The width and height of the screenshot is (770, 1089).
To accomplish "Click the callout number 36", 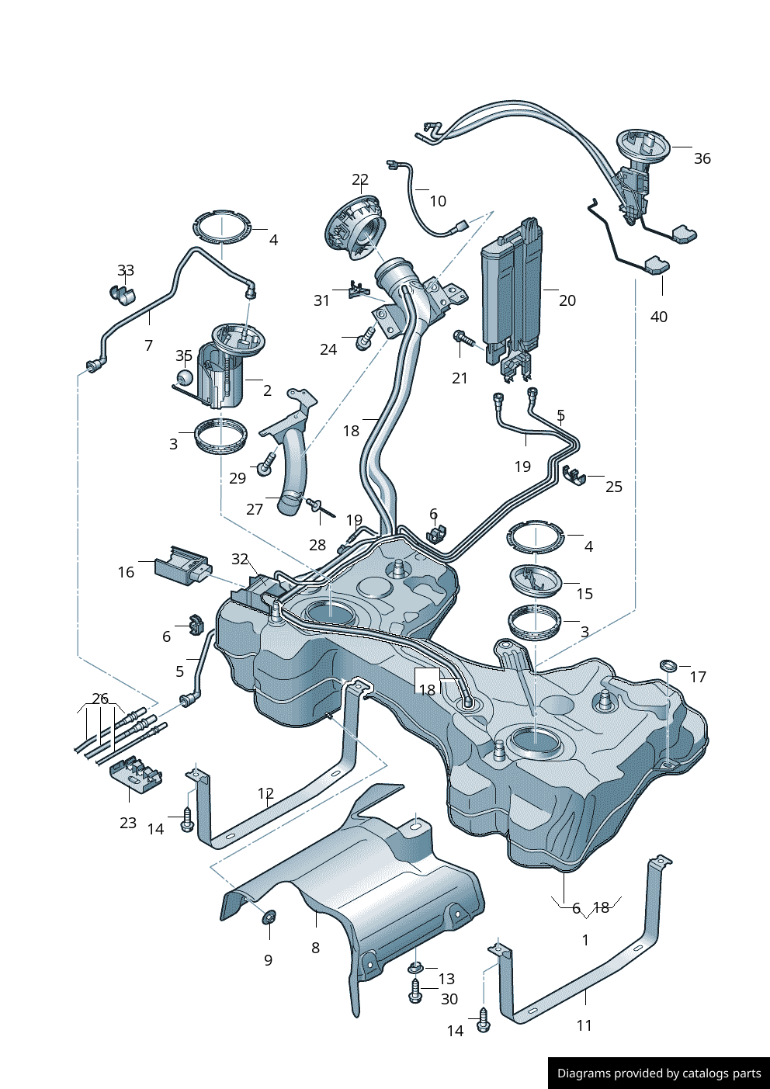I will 702,158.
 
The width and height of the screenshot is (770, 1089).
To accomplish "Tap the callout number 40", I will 658,317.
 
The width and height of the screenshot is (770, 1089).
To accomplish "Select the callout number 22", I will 359,180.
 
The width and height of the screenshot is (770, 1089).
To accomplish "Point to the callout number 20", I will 567,300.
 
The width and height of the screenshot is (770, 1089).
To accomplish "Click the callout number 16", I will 126,572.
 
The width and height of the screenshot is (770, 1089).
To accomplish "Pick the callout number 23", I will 128,823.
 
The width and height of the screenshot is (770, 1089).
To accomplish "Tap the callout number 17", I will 698,677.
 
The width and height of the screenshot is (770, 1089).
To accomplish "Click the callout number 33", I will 126,270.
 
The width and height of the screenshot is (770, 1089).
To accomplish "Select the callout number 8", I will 315,948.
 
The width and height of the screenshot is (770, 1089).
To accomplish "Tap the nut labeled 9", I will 269,917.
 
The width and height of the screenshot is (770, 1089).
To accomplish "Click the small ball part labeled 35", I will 185,377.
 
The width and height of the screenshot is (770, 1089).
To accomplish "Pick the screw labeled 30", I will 415,991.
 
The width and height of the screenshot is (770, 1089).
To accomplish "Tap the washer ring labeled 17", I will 668,665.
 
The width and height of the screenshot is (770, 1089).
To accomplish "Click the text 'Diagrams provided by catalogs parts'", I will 659,1073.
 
